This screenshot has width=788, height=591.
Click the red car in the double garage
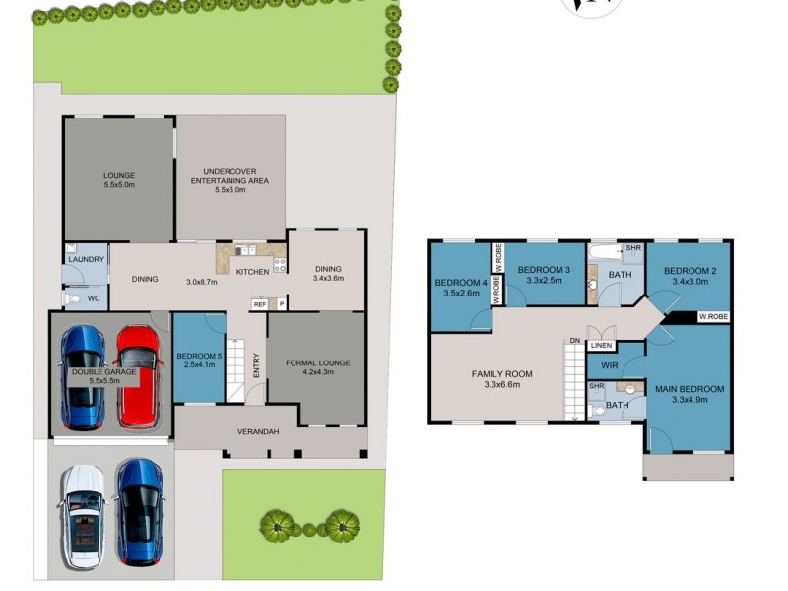pos(139,375)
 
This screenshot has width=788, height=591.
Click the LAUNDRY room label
pos(87,259)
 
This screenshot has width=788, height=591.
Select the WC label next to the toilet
pos(94,296)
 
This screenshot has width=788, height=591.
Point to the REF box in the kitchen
pos(260,304)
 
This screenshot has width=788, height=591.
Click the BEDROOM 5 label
pos(199,356)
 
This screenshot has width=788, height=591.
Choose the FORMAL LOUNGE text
pos(318,362)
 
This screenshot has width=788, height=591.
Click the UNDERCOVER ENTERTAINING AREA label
pos(229,175)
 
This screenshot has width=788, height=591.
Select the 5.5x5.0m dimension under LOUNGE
pos(119,185)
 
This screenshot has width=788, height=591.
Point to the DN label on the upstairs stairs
pos(574,341)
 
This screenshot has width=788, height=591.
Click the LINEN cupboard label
pos(602,346)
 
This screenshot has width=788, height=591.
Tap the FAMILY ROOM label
pos(502,373)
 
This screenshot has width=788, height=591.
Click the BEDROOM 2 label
pos(689,271)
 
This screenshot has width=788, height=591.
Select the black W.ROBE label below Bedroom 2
pos(713,317)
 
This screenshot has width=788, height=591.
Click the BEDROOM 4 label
pos(460,283)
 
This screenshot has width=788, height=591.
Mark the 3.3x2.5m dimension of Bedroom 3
pos(544,281)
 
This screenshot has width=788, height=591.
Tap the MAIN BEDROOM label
pos(689,389)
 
